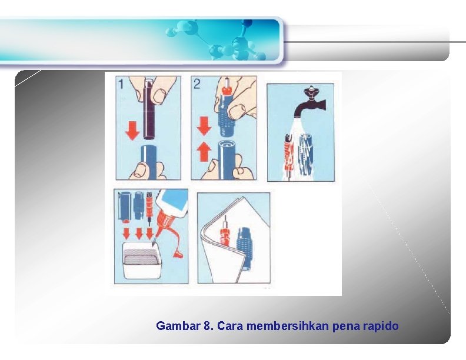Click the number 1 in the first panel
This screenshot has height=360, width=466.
(x=121, y=84)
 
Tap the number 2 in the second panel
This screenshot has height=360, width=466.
(x=197, y=84)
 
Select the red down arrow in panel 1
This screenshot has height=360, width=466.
(x=132, y=131)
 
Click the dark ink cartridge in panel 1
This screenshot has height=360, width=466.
(x=149, y=110)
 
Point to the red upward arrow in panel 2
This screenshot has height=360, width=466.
(x=204, y=152)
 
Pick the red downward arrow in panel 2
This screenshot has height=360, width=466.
(x=204, y=126)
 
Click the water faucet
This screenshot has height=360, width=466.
(x=309, y=103)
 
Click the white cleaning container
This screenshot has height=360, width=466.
(x=142, y=261)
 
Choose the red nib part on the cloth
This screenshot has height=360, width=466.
(x=225, y=233)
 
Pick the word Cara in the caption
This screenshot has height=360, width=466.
(x=230, y=326)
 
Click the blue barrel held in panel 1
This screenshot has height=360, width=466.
(x=148, y=161)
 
